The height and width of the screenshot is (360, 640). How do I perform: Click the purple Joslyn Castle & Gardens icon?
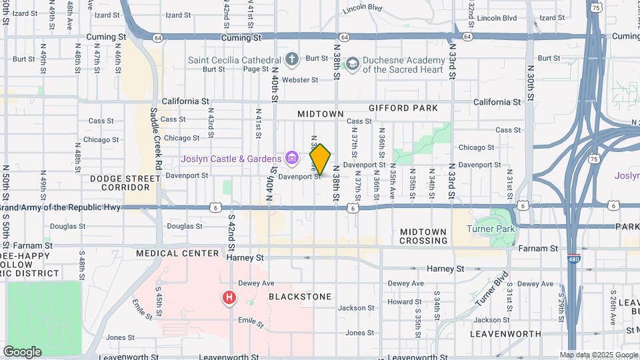click(x=291, y=158)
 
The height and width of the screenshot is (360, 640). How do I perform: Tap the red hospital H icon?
click(x=229, y=297)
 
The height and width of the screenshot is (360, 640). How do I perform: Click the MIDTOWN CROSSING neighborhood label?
click(x=423, y=236)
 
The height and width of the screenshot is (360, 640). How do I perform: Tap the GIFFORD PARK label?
click(x=403, y=108)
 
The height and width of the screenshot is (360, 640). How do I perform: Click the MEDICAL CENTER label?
click(x=177, y=253)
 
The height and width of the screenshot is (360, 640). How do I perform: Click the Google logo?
click(x=22, y=352)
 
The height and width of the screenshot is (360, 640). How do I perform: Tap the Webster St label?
click(x=300, y=80)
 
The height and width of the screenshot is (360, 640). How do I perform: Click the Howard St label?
click(x=405, y=301)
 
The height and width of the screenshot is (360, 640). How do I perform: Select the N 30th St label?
click(x=531, y=83)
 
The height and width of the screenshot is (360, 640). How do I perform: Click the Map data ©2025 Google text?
click(x=597, y=355)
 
